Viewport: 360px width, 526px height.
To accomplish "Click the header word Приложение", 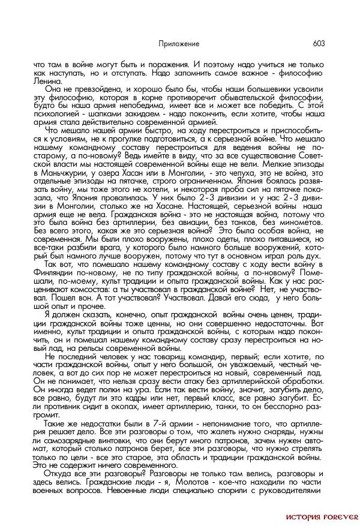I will click(x=179, y=44).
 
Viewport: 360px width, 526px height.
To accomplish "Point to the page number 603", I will click(x=318, y=44).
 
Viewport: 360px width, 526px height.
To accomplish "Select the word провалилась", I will click(x=122, y=196).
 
